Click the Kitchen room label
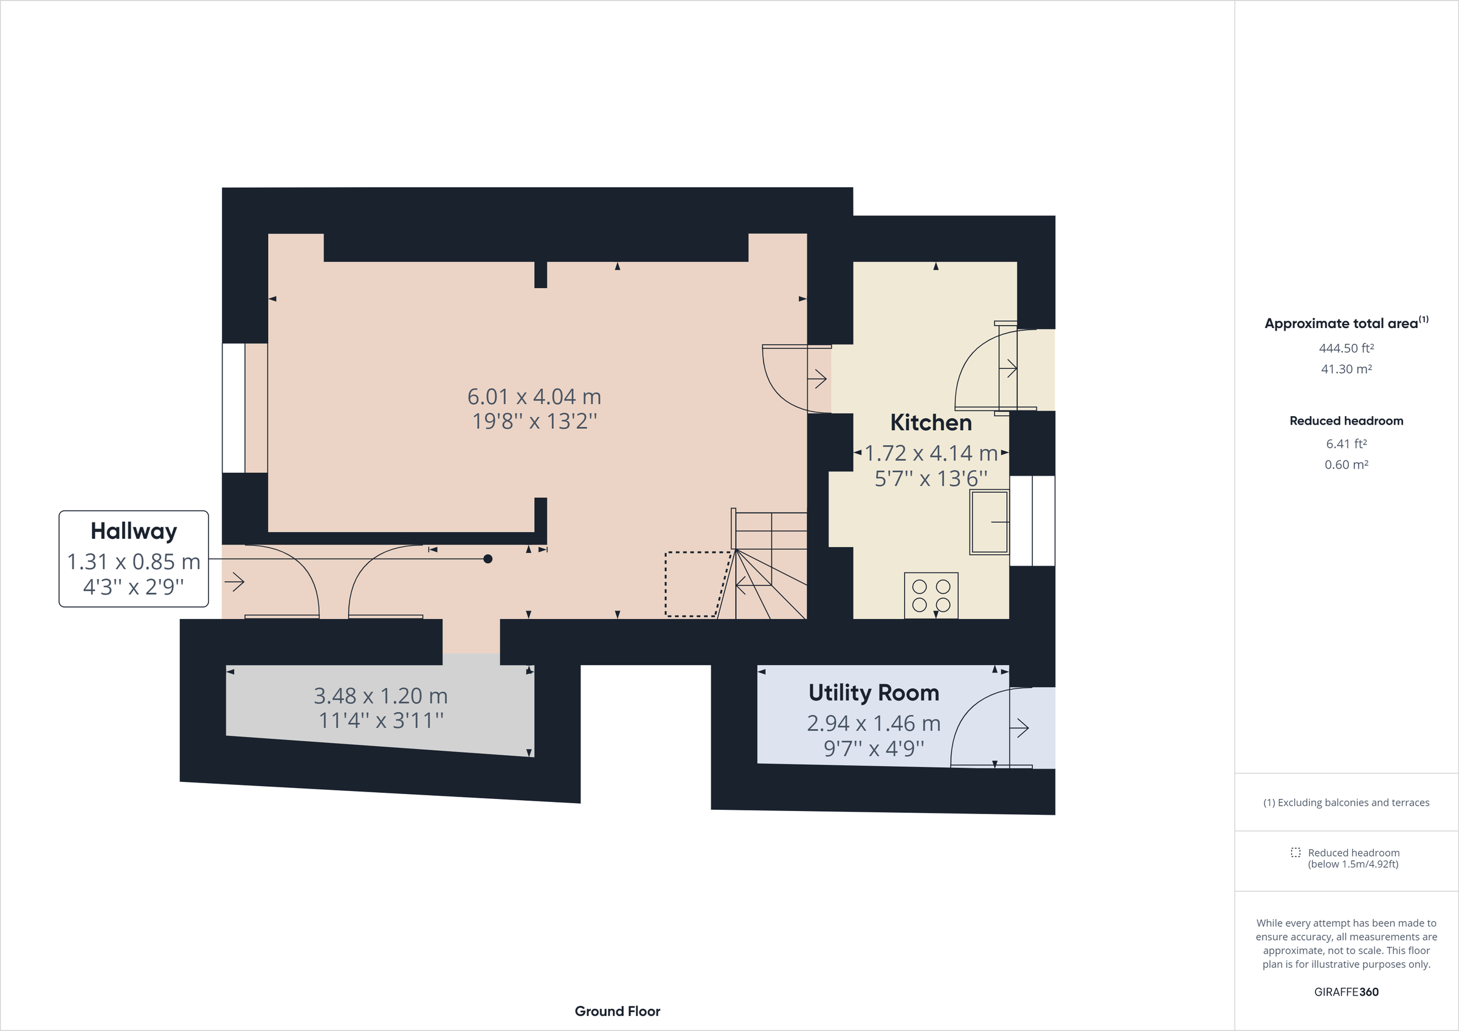(x=930, y=422)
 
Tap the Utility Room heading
(x=873, y=693)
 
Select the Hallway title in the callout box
(x=134, y=531)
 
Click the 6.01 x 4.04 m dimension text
(x=534, y=397)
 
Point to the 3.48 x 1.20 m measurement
(x=381, y=696)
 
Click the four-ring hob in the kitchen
(x=931, y=595)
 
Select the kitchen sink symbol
(x=988, y=522)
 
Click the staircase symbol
(x=770, y=566)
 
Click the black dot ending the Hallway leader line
(x=488, y=559)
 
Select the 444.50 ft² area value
(x=1346, y=348)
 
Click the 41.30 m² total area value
(x=1346, y=369)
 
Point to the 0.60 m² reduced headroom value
(x=1346, y=465)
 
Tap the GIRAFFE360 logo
(x=1346, y=992)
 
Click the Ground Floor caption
(x=617, y=1012)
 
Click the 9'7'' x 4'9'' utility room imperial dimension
(x=873, y=749)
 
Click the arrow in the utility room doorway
(x=1019, y=728)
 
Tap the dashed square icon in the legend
(x=1295, y=852)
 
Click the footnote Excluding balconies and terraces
(x=1346, y=803)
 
